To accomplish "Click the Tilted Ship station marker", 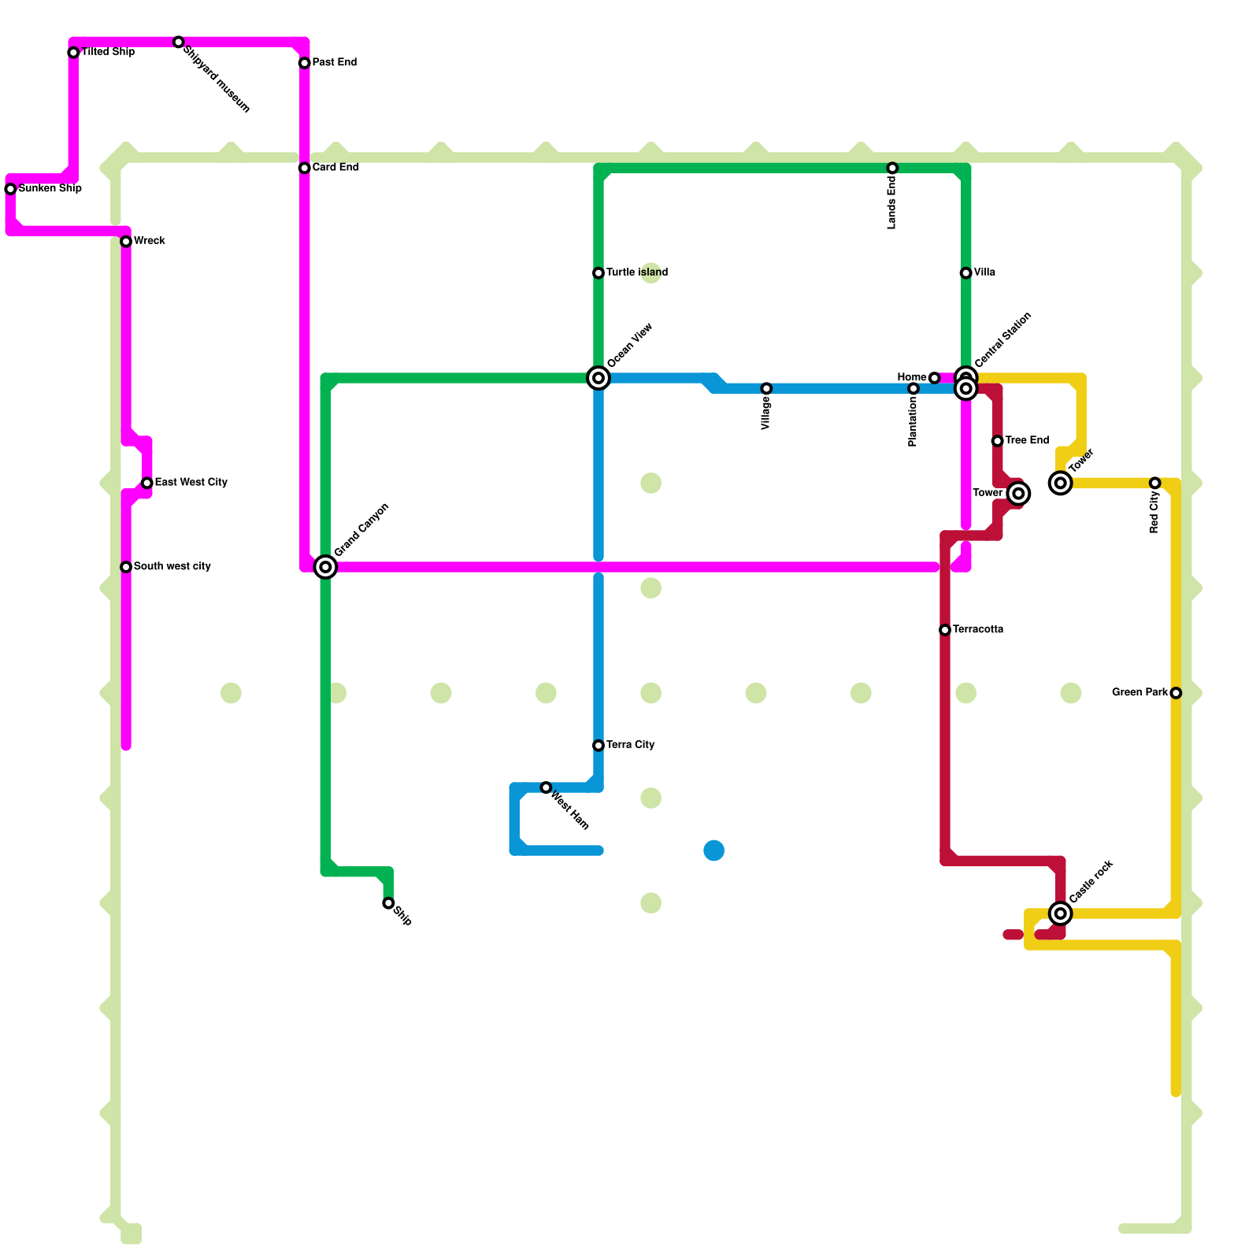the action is click(73, 53).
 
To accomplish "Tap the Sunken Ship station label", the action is click(50, 189).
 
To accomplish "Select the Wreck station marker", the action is click(126, 242).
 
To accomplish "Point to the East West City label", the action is click(191, 483).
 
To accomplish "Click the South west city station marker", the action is click(126, 567).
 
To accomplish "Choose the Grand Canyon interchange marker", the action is click(325, 567).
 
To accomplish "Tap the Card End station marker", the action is click(304, 169).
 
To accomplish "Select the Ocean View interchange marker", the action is click(598, 379).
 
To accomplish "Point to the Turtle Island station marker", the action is click(598, 273).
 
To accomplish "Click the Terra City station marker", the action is click(598, 746).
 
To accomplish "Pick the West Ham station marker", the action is click(546, 787).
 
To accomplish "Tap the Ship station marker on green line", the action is click(388, 903).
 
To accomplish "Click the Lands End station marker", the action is click(892, 169).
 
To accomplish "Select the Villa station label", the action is click(984, 273).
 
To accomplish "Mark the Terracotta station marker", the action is click(945, 630).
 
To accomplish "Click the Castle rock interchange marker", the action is click(1061, 913).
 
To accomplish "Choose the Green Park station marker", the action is click(1176, 693).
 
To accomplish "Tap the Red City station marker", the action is click(1154, 484).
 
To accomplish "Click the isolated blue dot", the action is click(714, 850).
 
